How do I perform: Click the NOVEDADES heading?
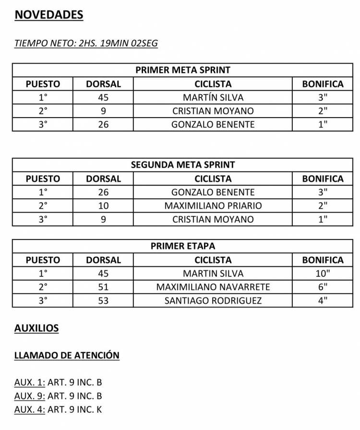(49, 15)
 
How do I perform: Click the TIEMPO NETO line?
(86, 43)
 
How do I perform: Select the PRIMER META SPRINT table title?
(183, 70)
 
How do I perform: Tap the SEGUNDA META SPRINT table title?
(183, 165)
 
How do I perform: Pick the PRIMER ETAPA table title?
(183, 246)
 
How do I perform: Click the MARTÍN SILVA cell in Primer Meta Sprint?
(213, 97)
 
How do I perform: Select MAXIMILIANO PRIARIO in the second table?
(213, 206)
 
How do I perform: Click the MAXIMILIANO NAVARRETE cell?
(213, 287)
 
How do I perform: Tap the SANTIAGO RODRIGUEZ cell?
(213, 301)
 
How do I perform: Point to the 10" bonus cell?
(323, 274)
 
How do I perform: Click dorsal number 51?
(103, 287)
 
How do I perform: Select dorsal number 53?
(103, 301)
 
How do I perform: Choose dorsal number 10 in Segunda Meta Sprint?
(103, 206)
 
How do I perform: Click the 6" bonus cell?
(323, 287)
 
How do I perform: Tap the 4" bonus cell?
(323, 301)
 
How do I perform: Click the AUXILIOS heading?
(36, 329)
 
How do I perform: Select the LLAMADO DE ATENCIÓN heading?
(67, 356)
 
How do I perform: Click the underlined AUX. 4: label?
(30, 410)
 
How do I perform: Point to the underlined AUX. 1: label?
(30, 382)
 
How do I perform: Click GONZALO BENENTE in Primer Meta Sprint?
(213, 125)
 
